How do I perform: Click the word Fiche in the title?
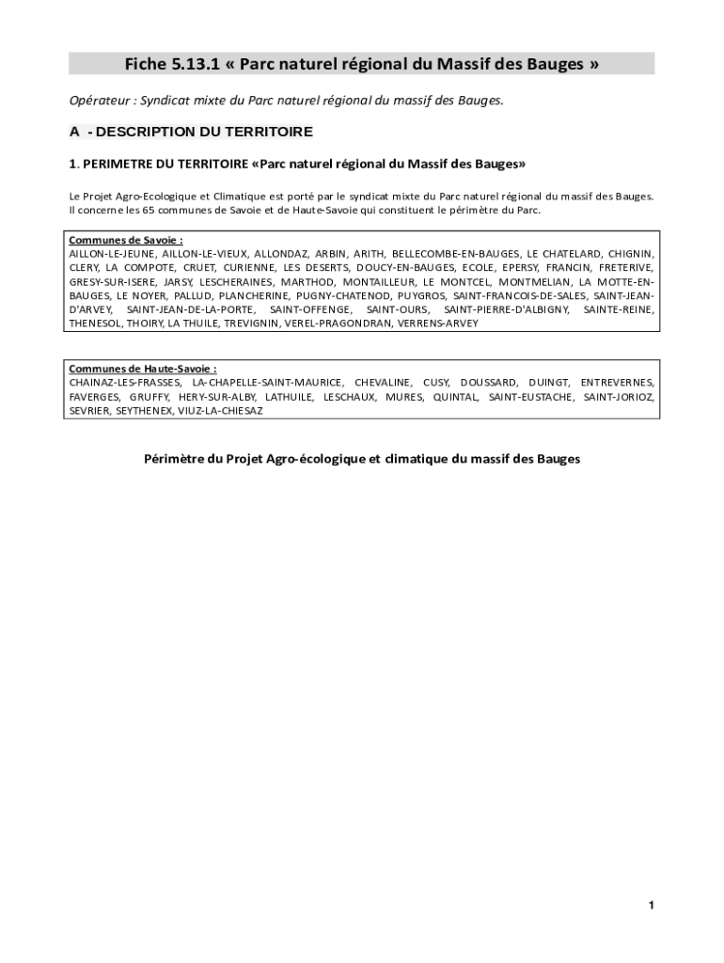click(x=145, y=64)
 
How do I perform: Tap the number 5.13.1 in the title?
click(x=196, y=64)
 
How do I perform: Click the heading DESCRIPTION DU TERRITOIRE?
click(x=204, y=132)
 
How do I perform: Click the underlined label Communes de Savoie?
click(x=126, y=240)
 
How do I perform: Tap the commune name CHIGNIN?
click(x=631, y=254)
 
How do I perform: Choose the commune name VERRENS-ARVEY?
click(x=438, y=324)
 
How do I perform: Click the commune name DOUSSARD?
click(x=488, y=383)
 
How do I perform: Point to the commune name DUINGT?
click(x=548, y=383)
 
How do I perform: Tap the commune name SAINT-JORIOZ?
click(x=619, y=397)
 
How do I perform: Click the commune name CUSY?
click(x=436, y=383)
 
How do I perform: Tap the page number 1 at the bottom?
click(x=650, y=906)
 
